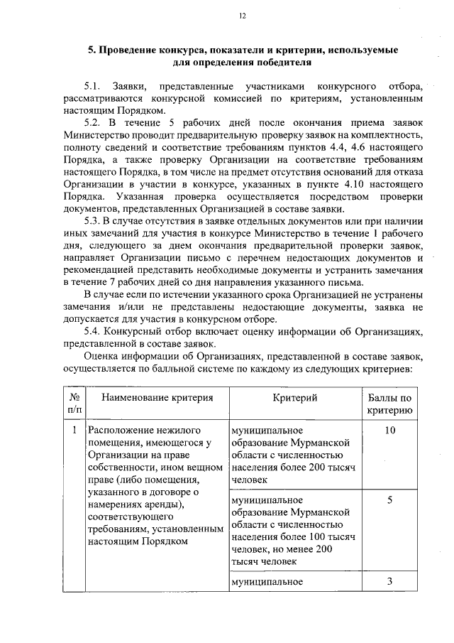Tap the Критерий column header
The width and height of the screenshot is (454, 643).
click(x=294, y=397)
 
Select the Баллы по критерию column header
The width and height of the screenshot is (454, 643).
click(x=389, y=404)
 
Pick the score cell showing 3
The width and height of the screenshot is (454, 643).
click(x=389, y=581)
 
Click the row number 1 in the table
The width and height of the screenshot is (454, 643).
click(x=74, y=430)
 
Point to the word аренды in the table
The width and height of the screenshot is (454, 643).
click(x=160, y=504)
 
